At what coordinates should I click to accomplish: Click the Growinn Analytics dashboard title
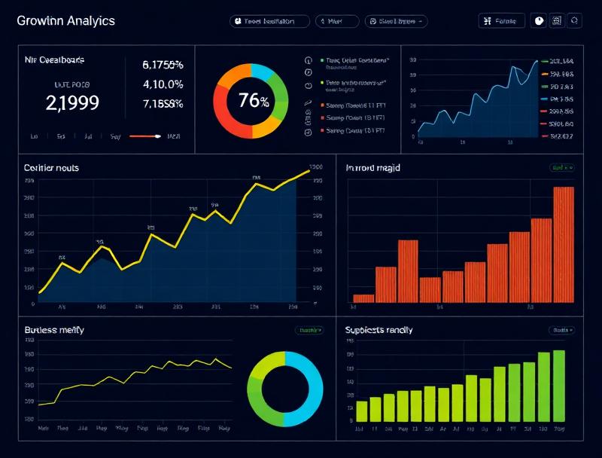point(66,20)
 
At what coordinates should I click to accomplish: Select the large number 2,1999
point(72,103)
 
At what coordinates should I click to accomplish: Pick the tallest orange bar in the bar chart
point(564,244)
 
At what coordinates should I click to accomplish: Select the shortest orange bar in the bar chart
point(363,298)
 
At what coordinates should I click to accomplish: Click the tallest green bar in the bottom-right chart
point(559,385)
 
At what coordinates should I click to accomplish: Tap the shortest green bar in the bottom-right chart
point(361,411)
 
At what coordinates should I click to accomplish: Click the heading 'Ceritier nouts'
point(52,168)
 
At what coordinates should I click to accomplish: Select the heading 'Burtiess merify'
point(54,330)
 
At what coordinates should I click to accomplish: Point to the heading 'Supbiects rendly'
point(379,330)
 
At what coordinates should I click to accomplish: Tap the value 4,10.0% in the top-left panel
point(163,84)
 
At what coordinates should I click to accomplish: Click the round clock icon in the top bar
point(539,21)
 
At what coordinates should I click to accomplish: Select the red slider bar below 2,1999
point(144,136)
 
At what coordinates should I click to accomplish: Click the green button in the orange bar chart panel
point(561,168)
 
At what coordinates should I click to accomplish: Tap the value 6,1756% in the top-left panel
point(163,65)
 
